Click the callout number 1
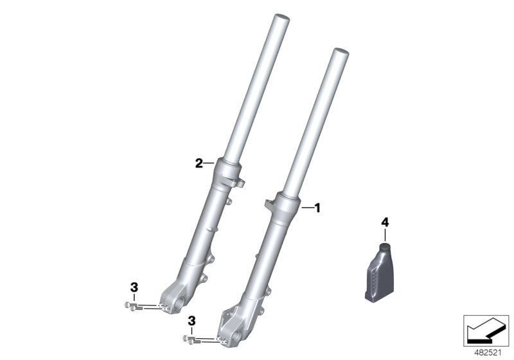317,208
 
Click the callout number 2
199,163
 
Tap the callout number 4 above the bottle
385,222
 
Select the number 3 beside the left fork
134,287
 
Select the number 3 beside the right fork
191,321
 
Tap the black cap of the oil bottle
385,247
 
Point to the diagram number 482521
488,353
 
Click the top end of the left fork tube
282,17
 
